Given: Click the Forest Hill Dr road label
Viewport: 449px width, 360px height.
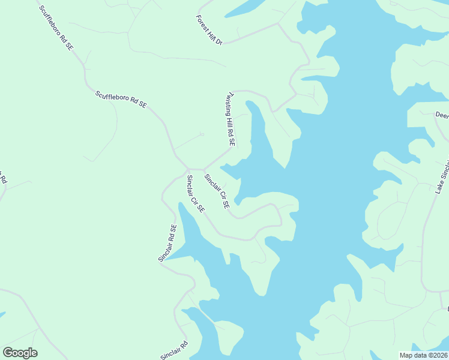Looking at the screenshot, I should pos(209,30).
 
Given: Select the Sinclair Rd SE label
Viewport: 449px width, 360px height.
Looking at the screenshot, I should pos(167,243).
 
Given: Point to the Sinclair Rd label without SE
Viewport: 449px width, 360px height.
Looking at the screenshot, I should pos(174,350).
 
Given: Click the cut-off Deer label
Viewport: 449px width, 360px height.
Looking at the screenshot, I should pos(442,115).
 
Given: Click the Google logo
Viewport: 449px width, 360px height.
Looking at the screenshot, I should pos(20,353).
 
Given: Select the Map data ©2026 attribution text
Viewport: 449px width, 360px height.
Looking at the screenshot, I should pos(424,355).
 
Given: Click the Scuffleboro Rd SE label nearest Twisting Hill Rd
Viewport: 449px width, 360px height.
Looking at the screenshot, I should pos(121,100).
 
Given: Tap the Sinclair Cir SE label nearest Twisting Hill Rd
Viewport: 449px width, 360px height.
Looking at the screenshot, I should pos(217,191).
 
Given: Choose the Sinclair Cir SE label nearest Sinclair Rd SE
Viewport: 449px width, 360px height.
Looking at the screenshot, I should pos(196,194).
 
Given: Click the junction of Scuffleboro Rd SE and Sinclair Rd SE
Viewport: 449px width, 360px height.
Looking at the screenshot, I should pos(187,169).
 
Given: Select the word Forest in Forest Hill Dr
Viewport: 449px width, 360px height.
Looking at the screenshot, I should pos(202,22).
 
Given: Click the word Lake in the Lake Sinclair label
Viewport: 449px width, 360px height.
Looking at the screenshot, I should pos(439,187).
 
